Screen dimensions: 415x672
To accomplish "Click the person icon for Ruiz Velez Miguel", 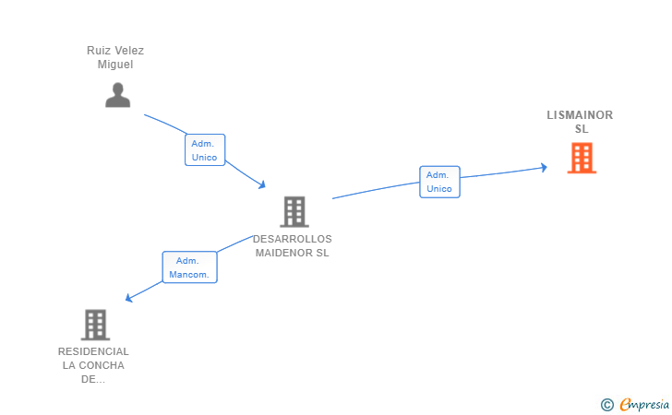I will (117, 95).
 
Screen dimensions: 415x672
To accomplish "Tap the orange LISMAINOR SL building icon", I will (582, 158).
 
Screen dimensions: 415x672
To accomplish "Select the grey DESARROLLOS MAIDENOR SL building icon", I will (294, 212).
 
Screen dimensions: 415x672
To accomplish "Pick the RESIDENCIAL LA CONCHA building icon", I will (95, 325).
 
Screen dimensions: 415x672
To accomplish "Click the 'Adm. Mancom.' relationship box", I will (190, 267).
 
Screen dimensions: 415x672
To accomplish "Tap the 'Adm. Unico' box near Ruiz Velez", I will (205, 150).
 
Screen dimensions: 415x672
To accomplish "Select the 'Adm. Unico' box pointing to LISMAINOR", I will (439, 182).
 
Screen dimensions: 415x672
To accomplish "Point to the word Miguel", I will (115, 65).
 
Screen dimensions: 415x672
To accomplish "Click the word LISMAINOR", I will (580, 115).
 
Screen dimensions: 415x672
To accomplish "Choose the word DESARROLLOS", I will (293, 239).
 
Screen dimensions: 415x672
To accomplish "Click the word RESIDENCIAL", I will (93, 351).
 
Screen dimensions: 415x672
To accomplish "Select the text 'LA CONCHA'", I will (93, 365).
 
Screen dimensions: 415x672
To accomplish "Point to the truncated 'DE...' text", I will (93, 379).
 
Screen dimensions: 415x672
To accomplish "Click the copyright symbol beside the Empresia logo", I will (606, 404).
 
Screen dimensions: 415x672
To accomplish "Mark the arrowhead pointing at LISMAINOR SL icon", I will (545, 167).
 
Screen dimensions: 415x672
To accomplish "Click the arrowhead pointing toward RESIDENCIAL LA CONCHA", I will (129, 298).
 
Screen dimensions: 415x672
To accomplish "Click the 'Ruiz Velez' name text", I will (115, 51).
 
